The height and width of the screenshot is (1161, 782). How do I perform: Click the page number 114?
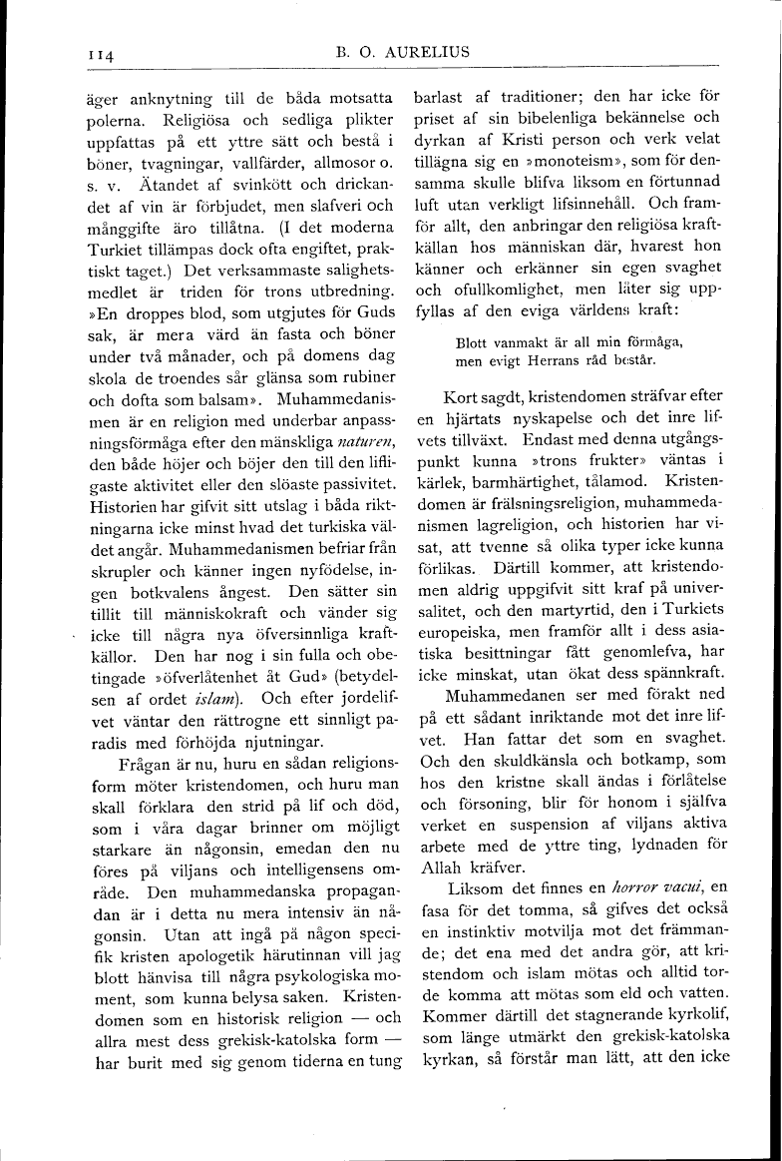click(x=99, y=56)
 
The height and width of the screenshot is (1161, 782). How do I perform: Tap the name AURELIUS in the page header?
click(x=422, y=52)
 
